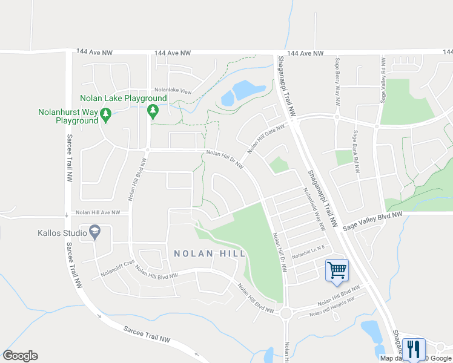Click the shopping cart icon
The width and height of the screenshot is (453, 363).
336,270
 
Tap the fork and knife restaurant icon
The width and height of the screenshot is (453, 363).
414,348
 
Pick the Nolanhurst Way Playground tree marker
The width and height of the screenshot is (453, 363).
106,113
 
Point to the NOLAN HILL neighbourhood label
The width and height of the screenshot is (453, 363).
210,253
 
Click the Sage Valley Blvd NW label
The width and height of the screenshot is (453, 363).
372,221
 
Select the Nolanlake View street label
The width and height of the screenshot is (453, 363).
172,91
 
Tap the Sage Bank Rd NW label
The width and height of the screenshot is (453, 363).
355,151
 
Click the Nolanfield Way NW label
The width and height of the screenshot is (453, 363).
314,209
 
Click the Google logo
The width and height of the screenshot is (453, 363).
20,356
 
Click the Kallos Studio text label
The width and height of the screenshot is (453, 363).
64,232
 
